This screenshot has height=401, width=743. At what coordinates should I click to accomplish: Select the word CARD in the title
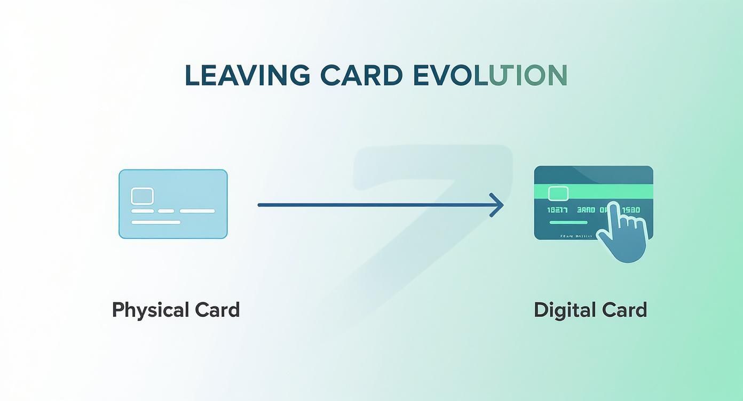pos(361,75)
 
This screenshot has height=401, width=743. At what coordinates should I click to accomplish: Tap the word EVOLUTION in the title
pos(489,75)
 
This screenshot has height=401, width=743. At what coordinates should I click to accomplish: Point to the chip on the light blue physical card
pos(142,196)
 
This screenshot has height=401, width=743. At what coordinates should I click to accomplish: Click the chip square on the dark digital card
pos(558,193)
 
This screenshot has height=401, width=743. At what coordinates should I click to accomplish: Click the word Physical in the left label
pos(151,310)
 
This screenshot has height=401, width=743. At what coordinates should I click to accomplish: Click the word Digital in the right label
pos(565,310)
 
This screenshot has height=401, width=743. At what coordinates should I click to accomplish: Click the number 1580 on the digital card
pos(631,210)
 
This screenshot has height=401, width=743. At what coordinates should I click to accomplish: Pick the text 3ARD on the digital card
pos(586,210)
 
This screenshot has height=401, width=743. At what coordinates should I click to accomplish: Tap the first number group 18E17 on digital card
pos(558,210)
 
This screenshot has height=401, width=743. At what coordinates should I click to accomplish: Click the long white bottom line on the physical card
pos(156,222)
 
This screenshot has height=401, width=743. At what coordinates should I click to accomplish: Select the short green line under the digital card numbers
pos(568,222)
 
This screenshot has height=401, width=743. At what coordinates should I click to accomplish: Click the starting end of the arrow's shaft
pos(260,205)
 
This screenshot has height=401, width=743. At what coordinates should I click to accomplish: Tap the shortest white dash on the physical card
pos(166,211)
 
